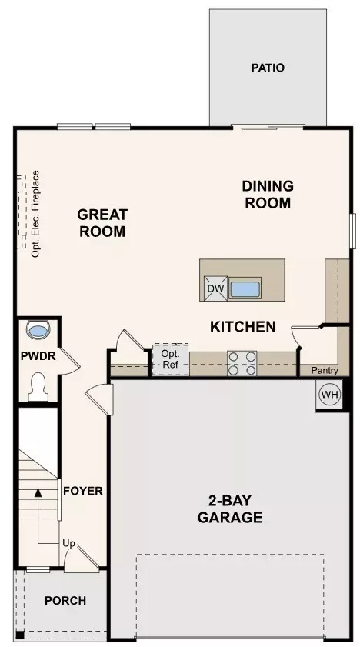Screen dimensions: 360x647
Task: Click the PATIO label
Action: (268, 68)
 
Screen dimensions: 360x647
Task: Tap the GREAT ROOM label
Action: (102, 223)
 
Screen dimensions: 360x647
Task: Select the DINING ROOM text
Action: (268, 195)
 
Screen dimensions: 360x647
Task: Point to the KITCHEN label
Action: (243, 327)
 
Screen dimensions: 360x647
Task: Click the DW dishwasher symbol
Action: (215, 288)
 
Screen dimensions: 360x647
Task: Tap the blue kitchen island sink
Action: (245, 289)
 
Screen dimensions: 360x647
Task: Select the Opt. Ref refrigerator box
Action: (170, 359)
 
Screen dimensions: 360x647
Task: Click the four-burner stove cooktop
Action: (242, 364)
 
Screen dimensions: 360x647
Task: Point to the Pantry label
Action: (325, 371)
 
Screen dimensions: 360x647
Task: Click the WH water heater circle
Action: (329, 395)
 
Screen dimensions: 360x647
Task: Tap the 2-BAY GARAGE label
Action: (230, 509)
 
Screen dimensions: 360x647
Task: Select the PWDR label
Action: (38, 355)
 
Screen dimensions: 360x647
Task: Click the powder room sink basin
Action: (38, 330)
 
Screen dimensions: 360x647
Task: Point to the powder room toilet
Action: (38, 387)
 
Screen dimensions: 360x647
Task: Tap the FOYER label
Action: (83, 491)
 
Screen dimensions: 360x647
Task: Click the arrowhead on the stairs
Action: (38, 492)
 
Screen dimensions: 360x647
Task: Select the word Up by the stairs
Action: (69, 544)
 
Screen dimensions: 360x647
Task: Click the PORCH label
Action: (65, 601)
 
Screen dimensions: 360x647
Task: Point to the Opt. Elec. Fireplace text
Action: (36, 214)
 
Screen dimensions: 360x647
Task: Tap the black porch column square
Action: (20, 635)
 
